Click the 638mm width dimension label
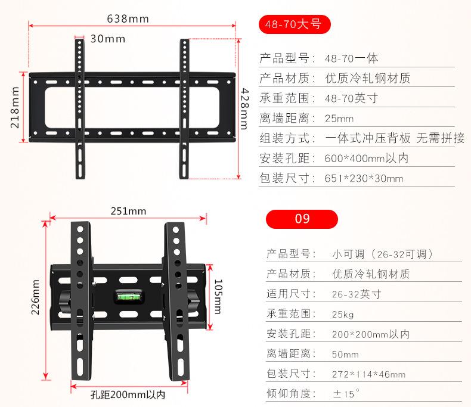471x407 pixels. (128, 18)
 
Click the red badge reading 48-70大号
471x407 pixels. (294, 24)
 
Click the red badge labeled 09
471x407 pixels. (302, 218)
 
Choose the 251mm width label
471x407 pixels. (128, 211)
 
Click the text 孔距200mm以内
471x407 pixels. (128, 395)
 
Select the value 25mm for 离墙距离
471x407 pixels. (339, 118)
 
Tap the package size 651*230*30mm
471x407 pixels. (364, 179)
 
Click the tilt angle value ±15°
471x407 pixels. (346, 394)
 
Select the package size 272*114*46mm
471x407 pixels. (368, 374)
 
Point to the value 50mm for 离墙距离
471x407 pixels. (345, 354)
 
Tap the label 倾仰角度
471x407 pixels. (290, 394)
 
